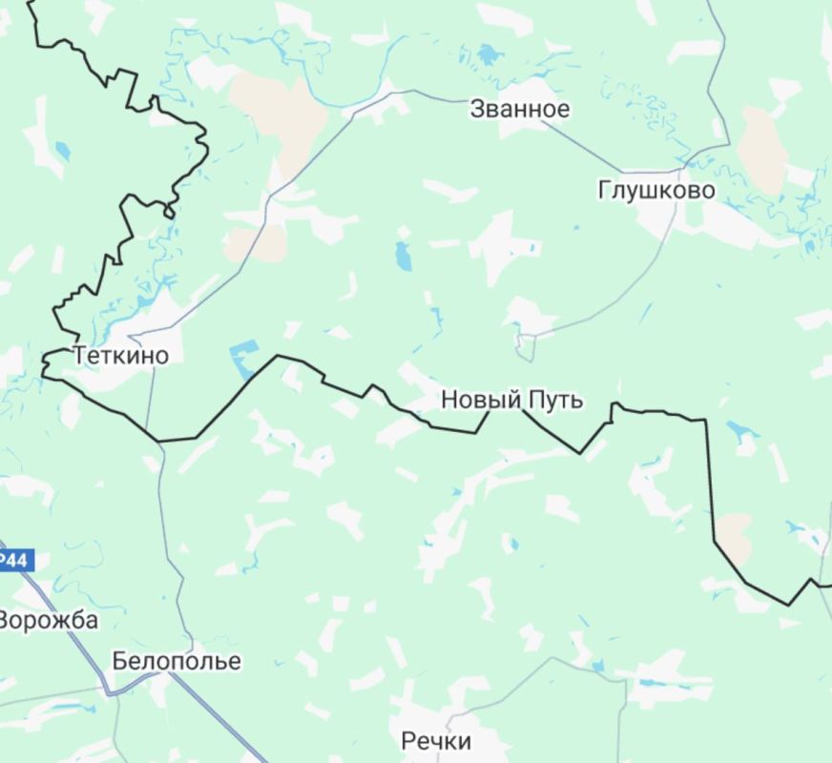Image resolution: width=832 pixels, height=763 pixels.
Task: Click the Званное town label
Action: pyautogui.click(x=519, y=109)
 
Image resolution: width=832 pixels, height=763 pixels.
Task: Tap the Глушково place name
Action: pyautogui.click(x=656, y=190)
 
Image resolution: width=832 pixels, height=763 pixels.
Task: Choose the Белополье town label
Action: pyautogui.click(x=177, y=661)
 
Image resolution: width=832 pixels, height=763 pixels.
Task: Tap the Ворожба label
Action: pyautogui.click(x=48, y=620)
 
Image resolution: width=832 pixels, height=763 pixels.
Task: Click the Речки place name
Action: pyautogui.click(x=436, y=741)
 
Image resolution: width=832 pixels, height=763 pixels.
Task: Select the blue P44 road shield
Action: pyautogui.click(x=13, y=559)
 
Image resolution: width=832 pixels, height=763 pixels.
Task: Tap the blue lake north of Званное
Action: pyautogui.click(x=489, y=53)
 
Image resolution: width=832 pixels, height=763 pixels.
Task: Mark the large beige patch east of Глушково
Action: pyautogui.click(x=763, y=148)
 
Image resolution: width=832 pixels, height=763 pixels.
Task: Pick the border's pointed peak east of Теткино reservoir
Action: pyautogui.click(x=278, y=357)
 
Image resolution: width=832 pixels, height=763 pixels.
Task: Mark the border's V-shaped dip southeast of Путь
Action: pyautogui.click(x=580, y=452)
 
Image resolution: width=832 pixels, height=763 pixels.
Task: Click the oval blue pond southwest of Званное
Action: pyautogui.click(x=403, y=256)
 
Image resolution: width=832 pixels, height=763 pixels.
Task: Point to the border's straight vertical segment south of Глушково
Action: pyautogui.click(x=708, y=477)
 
